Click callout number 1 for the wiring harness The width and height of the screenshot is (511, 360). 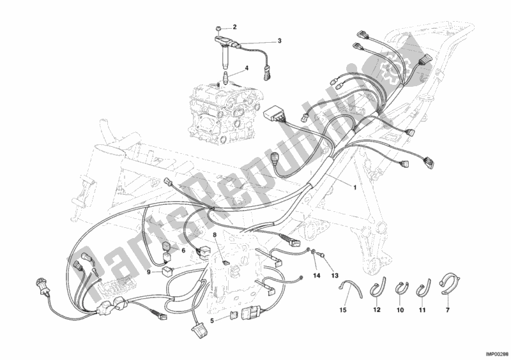(355, 187)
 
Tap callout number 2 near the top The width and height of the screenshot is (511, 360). (234, 27)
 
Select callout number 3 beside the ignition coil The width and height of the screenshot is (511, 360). (279, 41)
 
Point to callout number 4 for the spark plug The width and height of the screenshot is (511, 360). (247, 68)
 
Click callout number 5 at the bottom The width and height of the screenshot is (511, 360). (212, 321)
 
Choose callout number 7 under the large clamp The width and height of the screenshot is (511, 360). (448, 310)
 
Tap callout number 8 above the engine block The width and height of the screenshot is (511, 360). (215, 234)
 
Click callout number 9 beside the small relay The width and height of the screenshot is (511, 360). (148, 272)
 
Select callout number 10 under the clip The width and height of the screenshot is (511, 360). (400, 310)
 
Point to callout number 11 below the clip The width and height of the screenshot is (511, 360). (422, 310)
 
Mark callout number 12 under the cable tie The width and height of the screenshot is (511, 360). (377, 310)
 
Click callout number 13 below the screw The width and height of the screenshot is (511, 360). (335, 276)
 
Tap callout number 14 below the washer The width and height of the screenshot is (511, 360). (317, 276)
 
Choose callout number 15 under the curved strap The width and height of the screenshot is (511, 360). (343, 310)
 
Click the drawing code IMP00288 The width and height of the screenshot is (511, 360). (497, 354)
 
